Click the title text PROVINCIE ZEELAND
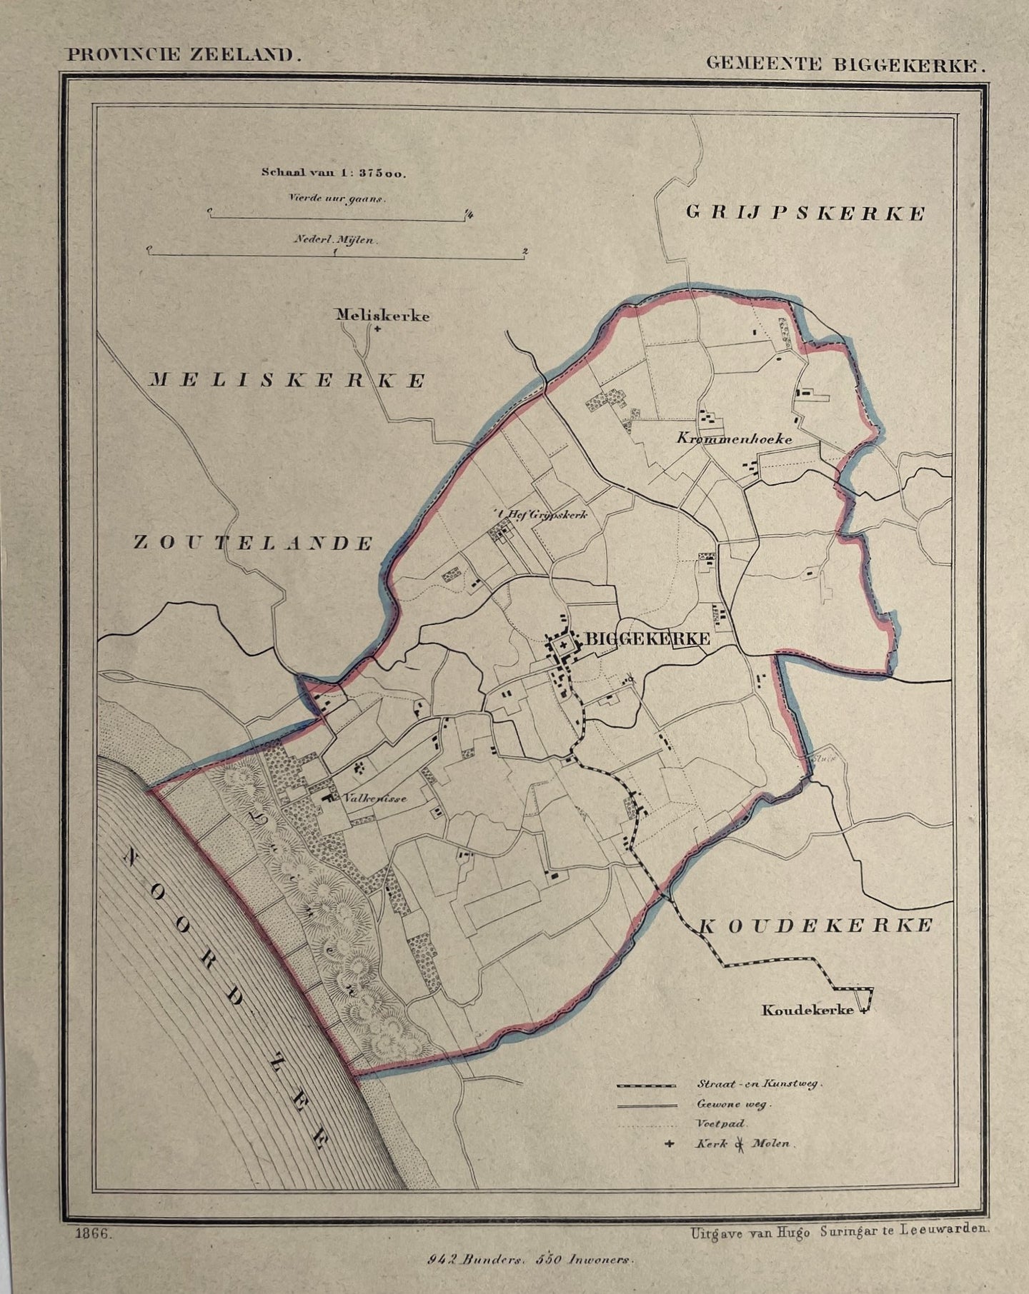181,56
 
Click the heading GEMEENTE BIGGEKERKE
845,64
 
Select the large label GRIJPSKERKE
805,213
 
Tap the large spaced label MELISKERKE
287,381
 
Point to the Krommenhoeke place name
734,439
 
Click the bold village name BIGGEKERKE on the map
647,639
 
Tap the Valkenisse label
374,798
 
